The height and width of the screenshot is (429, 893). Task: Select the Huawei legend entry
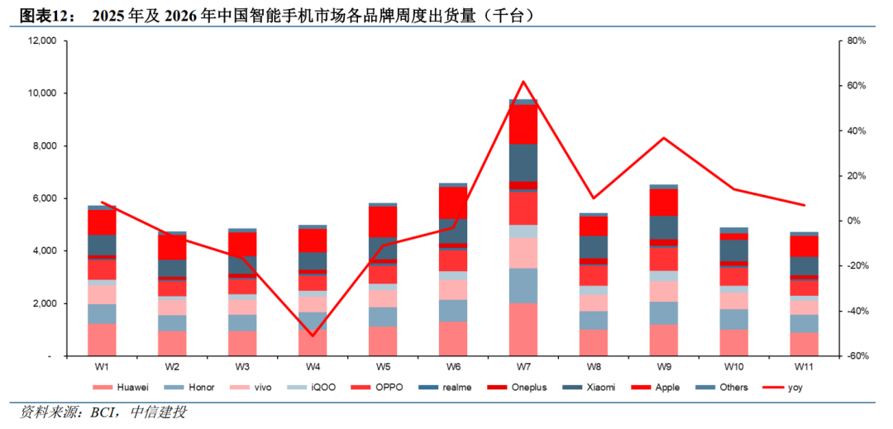point(122,388)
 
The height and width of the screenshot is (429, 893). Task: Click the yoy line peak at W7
point(523,81)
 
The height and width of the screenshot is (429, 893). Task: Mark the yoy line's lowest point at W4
point(313,336)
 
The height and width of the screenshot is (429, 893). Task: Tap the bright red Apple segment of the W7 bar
point(523,125)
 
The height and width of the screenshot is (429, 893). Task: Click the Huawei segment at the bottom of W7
point(523,330)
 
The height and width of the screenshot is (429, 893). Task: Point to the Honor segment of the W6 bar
point(453,311)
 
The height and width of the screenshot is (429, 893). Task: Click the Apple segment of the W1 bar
point(102,222)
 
